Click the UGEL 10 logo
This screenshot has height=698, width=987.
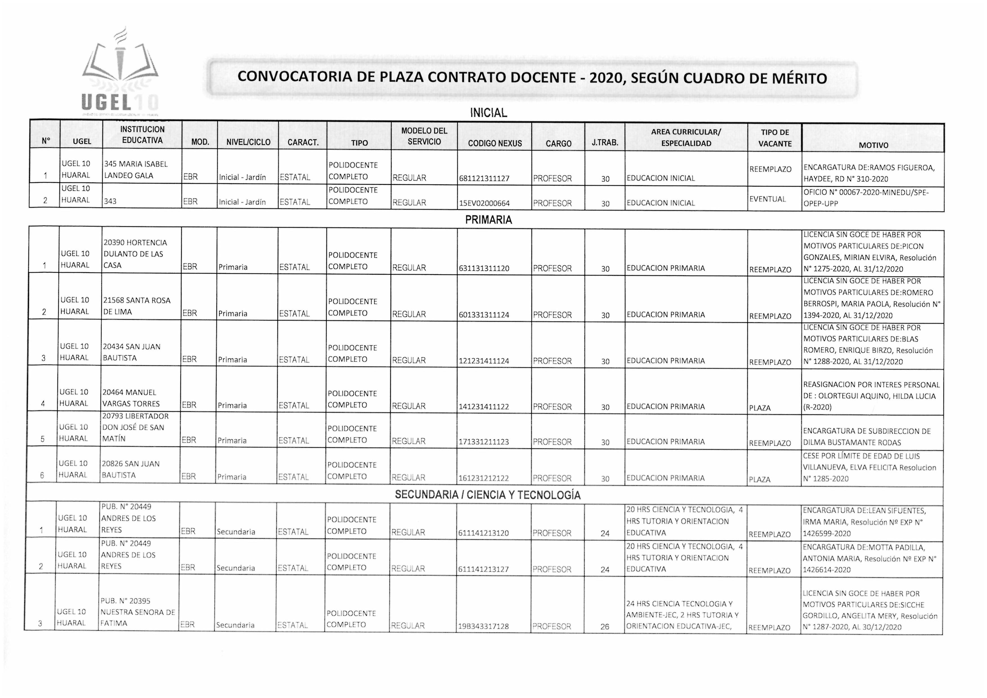pos(121,73)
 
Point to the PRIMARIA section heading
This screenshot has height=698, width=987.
pos(488,220)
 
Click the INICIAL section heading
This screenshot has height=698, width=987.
pos(488,113)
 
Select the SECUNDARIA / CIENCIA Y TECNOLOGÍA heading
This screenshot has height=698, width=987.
pos(488,495)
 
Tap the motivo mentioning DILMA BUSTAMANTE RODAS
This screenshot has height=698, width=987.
pos(866,437)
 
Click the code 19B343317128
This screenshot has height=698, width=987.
pos(483,627)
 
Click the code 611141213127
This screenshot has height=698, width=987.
pos(483,569)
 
